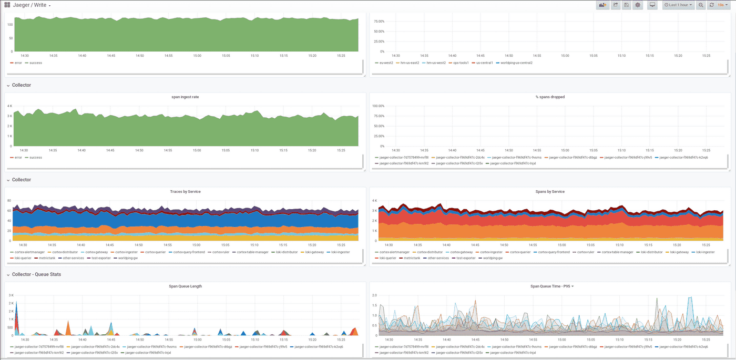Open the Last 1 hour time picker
point(678,5)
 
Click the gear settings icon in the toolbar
point(638,5)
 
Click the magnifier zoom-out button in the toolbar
point(701,5)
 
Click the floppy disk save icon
point(626,5)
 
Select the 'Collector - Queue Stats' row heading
point(36,274)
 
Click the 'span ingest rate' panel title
point(185,97)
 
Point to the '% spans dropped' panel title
point(549,97)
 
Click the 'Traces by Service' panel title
point(185,191)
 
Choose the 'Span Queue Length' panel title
point(185,286)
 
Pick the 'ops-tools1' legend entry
point(461,63)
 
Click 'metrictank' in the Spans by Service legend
point(412,258)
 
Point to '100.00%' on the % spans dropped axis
point(379,106)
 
